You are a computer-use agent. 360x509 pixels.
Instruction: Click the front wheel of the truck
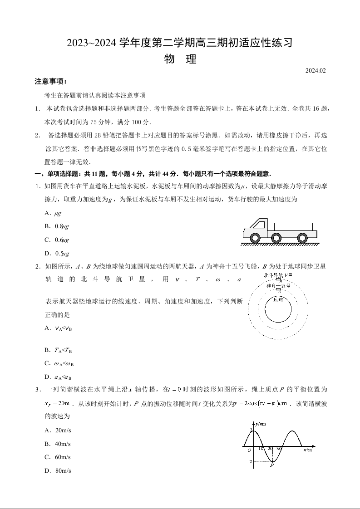point(255,237)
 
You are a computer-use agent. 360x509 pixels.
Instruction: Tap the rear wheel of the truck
point(301,237)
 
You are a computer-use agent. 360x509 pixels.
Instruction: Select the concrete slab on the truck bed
point(293,227)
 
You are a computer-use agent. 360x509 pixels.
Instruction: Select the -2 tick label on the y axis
point(249,461)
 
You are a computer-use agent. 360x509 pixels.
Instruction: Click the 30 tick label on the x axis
point(279,449)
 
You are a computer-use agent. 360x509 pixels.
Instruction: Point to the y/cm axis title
point(260,424)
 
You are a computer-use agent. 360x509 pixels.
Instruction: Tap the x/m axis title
point(307,450)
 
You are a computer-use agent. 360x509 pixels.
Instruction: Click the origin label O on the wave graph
point(249,450)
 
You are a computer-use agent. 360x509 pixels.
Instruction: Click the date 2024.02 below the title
point(316,70)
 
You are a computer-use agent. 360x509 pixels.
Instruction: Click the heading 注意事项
point(50,82)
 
